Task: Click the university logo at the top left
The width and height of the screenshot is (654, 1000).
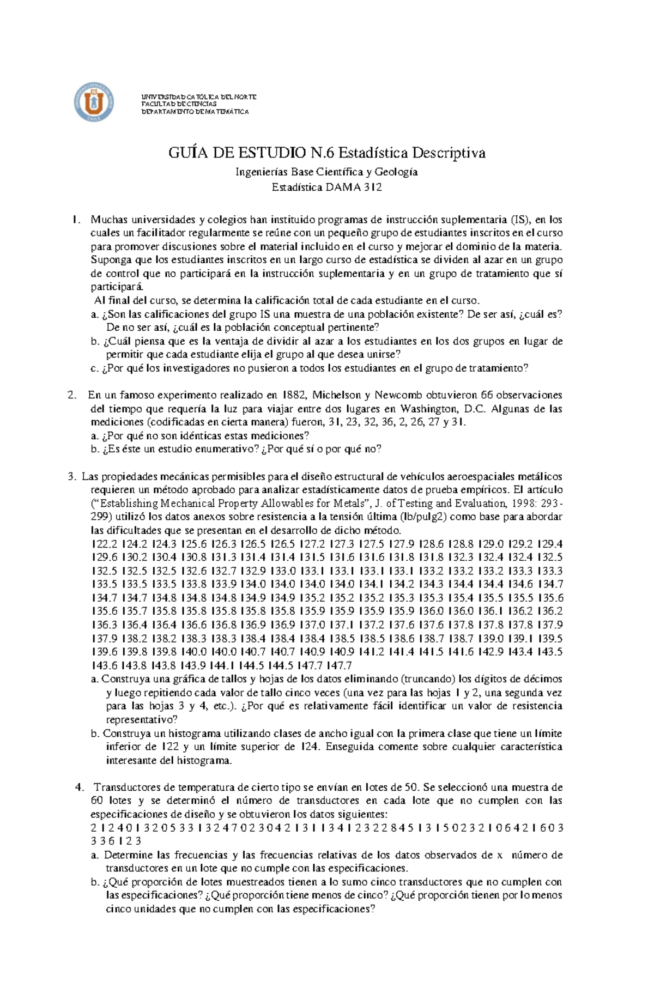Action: click(x=94, y=102)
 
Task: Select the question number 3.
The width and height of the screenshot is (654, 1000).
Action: click(x=71, y=477)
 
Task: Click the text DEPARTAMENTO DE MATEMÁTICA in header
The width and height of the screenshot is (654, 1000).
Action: click(x=195, y=112)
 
